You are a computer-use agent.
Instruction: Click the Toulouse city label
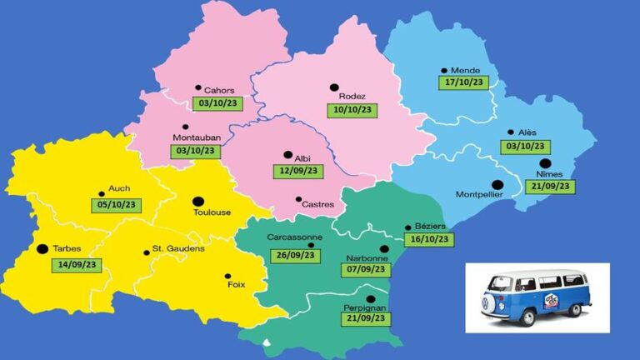pyautogui.click(x=212, y=212)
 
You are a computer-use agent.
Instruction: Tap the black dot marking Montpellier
pyautogui.click(x=497, y=184)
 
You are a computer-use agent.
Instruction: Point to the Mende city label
pyautogui.click(x=465, y=71)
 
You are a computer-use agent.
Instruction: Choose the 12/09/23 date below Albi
pyautogui.click(x=296, y=170)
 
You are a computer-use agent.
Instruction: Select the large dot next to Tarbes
pyautogui.click(x=42, y=248)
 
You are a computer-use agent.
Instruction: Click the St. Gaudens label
pyautogui.click(x=178, y=249)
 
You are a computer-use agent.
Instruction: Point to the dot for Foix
pyautogui.click(x=227, y=276)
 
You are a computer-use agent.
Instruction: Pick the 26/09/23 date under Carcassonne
pyautogui.click(x=292, y=255)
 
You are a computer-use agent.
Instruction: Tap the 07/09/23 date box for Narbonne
pyautogui.click(x=367, y=269)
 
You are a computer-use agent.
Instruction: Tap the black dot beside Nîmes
pyautogui.click(x=545, y=164)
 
